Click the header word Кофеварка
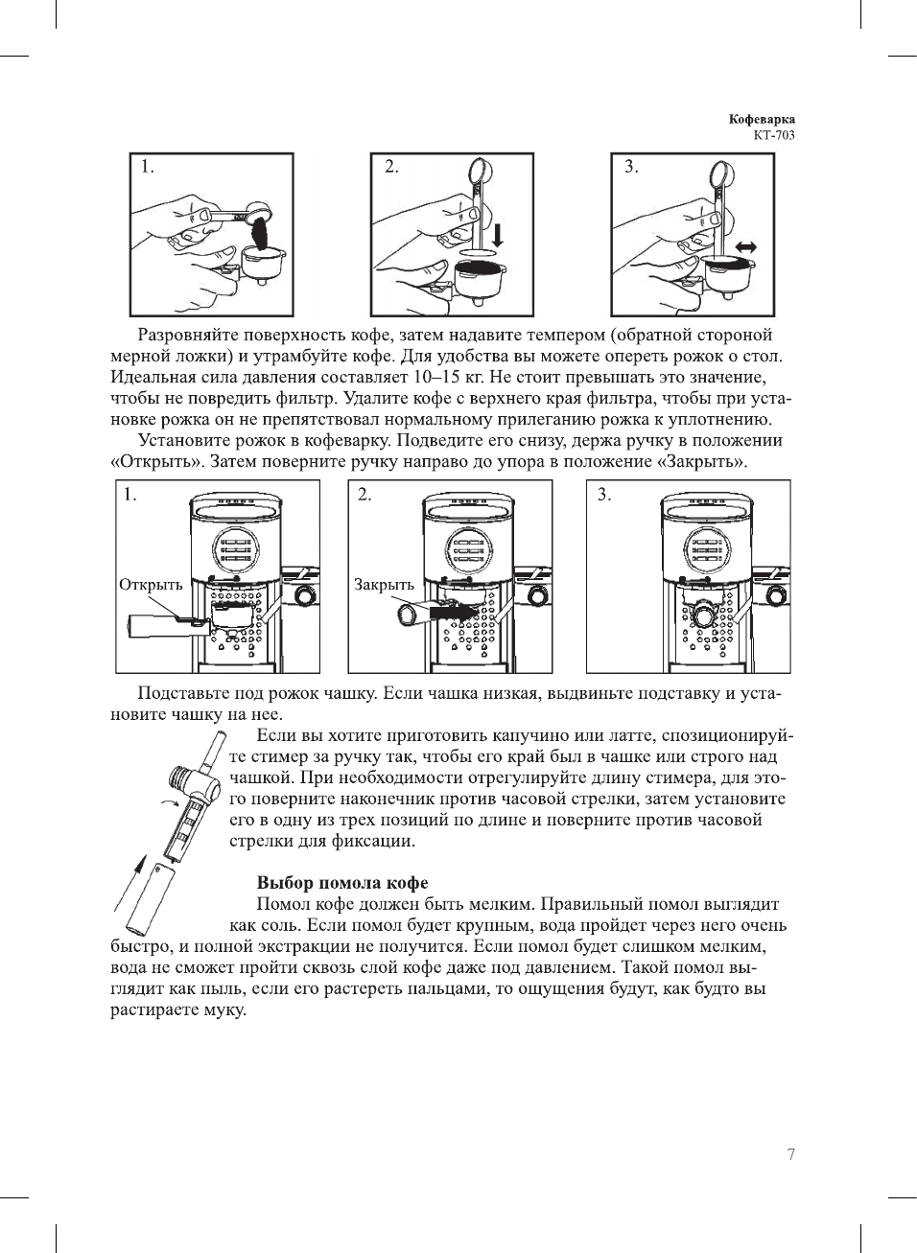[x=762, y=120]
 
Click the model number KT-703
[x=774, y=135]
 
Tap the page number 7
[x=790, y=1154]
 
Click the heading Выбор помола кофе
[x=341, y=882]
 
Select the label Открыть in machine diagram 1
[x=151, y=585]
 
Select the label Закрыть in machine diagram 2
[x=384, y=585]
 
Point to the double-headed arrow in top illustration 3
[x=744, y=247]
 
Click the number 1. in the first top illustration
[x=147, y=167]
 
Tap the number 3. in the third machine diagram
[x=604, y=495]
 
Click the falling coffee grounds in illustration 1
[x=257, y=230]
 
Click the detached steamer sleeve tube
[x=153, y=898]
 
